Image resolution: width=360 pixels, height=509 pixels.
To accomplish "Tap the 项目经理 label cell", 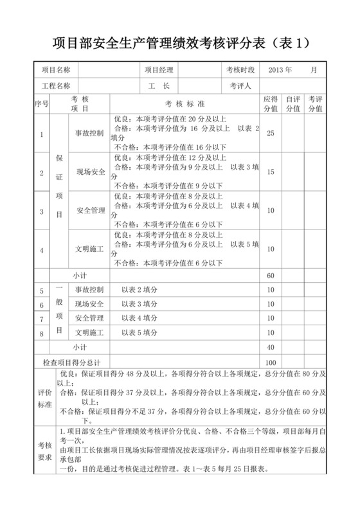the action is [x=159, y=69].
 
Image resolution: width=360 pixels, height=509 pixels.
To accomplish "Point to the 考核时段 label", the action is [x=240, y=69].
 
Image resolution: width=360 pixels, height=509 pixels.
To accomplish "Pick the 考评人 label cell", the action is [x=240, y=85].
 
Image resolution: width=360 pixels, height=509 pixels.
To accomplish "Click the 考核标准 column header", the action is [x=184, y=104].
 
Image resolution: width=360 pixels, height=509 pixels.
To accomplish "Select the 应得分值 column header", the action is [x=271, y=104].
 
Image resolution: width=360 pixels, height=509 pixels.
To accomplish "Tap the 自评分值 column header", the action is [x=292, y=104].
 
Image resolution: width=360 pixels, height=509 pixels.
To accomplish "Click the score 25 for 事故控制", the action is [x=271, y=134].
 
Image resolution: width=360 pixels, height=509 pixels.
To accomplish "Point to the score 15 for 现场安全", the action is [x=271, y=172].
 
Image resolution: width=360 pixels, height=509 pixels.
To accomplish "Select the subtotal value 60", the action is [x=271, y=276].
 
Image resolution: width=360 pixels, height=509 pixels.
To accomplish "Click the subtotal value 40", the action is [x=271, y=347].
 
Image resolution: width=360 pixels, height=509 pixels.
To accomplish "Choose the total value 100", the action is [x=271, y=362].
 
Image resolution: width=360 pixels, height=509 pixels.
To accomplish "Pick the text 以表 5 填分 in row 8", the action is [x=139, y=333].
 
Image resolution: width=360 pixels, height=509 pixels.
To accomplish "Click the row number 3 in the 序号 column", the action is [x=41, y=211].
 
